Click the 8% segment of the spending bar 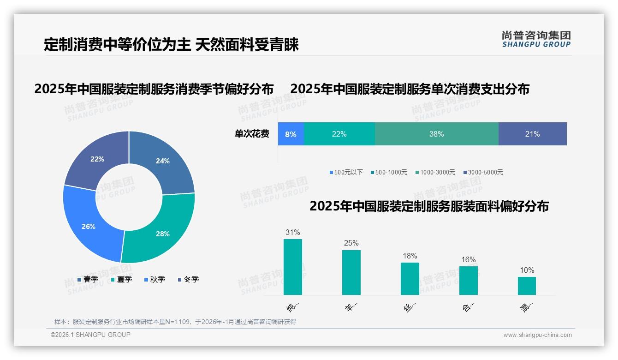click(x=291, y=134)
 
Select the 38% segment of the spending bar click(x=436, y=134)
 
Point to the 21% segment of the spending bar click(x=532, y=134)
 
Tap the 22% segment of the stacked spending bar click(x=339, y=134)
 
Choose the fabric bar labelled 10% click(x=527, y=286)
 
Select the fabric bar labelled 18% click(x=410, y=279)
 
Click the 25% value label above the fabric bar click(x=351, y=243)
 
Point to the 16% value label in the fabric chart click(x=468, y=260)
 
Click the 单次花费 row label click(x=252, y=134)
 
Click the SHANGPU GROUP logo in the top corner click(x=536, y=39)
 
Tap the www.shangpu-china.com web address click(x=537, y=335)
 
